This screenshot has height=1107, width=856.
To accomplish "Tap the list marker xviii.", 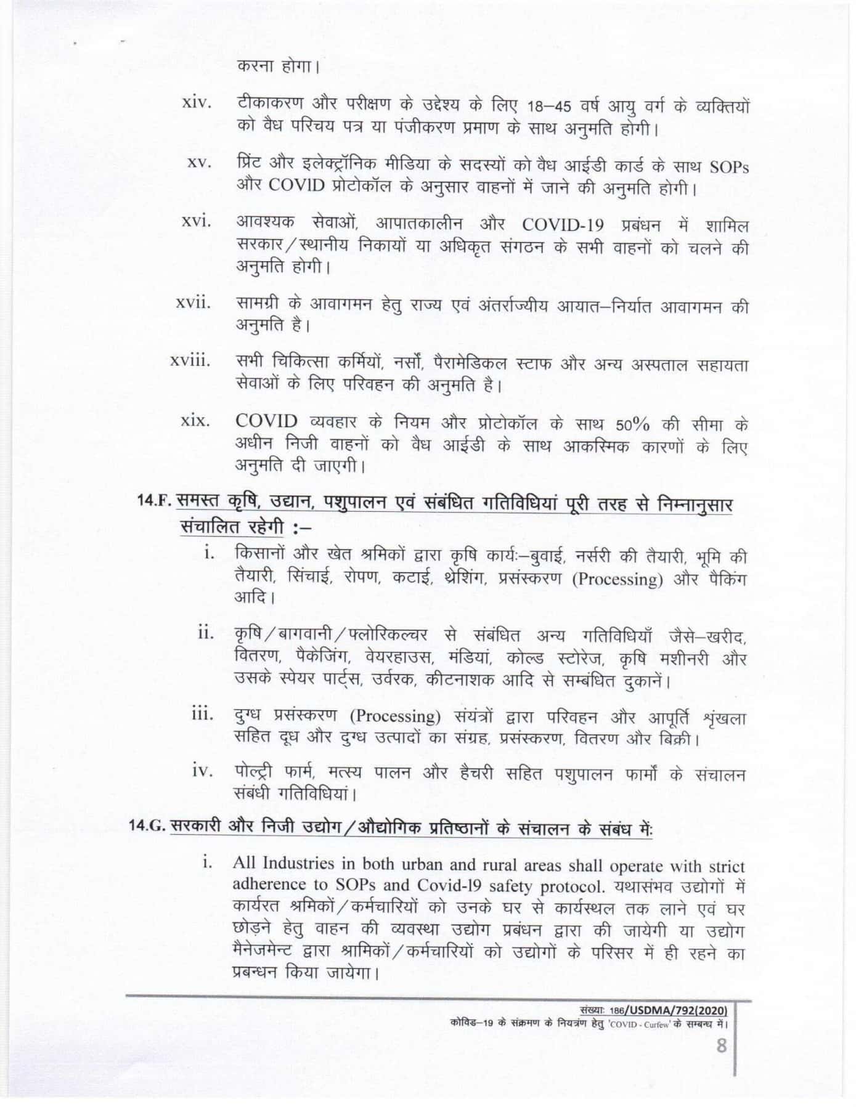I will click(x=190, y=360).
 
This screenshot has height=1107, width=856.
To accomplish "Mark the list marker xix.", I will click(x=196, y=423).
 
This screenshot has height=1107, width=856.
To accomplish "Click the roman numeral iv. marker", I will click(x=202, y=770).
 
